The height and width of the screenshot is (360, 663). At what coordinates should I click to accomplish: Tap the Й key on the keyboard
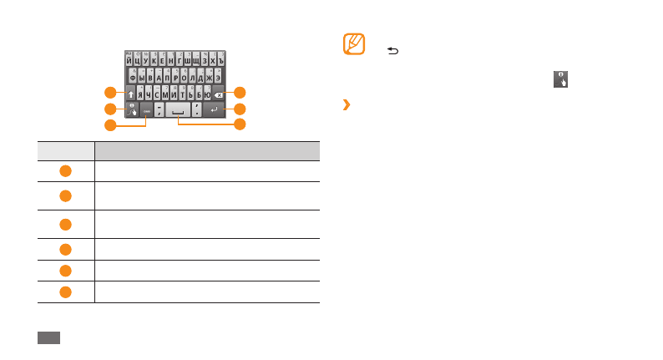(129, 61)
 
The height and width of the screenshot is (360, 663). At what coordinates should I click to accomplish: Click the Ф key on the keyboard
(133, 78)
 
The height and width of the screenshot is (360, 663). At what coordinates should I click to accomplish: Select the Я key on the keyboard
(141, 94)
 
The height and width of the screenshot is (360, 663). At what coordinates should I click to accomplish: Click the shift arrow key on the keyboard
(129, 94)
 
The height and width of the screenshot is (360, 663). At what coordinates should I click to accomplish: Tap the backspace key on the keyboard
(219, 94)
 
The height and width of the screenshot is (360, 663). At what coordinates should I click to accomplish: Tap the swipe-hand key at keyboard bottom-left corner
(131, 110)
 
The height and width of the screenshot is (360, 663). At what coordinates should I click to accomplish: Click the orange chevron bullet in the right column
(346, 105)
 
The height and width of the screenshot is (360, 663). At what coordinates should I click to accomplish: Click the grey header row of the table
(179, 150)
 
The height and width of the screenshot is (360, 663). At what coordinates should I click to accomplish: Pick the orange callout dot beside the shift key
(109, 91)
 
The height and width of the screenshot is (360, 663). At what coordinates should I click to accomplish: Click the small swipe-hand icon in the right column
(559, 79)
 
